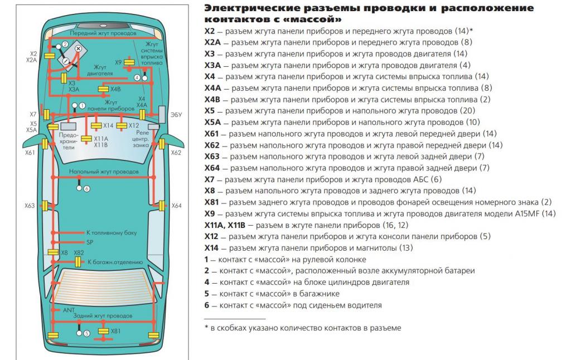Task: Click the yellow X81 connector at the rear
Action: (x=104, y=331)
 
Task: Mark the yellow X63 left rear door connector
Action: (x=49, y=206)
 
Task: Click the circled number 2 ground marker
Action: (x=65, y=44)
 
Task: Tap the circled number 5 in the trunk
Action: (x=86, y=333)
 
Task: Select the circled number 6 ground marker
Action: (x=86, y=188)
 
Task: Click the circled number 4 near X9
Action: (x=137, y=77)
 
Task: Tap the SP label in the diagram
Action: (x=90, y=242)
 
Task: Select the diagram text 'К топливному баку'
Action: (x=111, y=232)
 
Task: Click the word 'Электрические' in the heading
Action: (x=244, y=9)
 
